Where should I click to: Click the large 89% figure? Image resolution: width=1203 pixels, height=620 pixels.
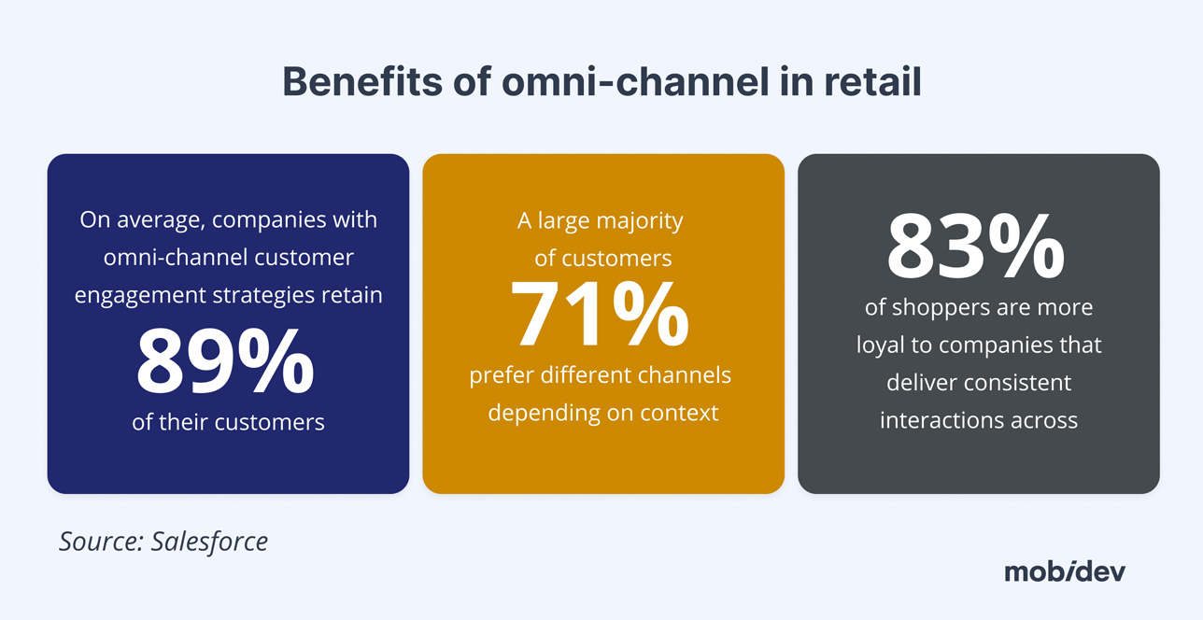point(225,361)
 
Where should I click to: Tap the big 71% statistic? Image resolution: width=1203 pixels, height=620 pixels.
point(600,315)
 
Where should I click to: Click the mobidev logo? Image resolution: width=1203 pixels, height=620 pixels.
point(1065,571)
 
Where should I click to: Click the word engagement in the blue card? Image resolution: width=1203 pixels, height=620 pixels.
point(132,295)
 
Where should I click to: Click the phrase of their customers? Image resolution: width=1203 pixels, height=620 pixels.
point(228,422)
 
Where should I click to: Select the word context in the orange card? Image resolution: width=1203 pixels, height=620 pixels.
point(678,413)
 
